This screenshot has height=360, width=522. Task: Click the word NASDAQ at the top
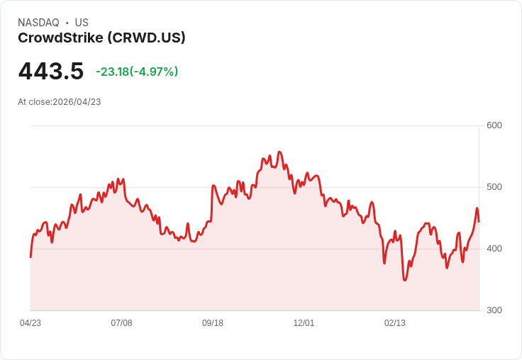[38, 23]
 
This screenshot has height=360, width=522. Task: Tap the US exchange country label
[82, 23]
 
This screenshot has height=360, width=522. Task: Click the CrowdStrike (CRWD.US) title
[101, 38]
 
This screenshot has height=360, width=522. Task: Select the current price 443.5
[51, 71]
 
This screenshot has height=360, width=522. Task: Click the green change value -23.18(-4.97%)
[137, 72]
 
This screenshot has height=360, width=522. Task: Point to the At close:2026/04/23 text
[60, 102]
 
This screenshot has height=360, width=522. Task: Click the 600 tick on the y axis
[494, 125]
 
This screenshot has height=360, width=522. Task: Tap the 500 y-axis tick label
[494, 187]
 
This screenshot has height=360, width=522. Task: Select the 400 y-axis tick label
[494, 249]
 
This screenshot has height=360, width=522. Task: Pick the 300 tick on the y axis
[494, 310]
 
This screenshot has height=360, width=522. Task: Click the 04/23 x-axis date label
[30, 323]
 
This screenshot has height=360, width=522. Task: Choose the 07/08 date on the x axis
[121, 323]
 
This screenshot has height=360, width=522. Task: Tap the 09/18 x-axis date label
[213, 323]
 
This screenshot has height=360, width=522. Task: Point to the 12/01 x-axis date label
[304, 323]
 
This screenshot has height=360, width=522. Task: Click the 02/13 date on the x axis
[395, 323]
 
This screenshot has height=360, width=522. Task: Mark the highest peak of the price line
[279, 152]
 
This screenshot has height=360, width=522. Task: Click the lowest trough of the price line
[404, 281]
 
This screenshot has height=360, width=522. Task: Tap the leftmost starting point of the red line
[30, 257]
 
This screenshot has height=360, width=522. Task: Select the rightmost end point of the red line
[479, 222]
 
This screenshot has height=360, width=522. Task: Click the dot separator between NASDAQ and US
[67, 23]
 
